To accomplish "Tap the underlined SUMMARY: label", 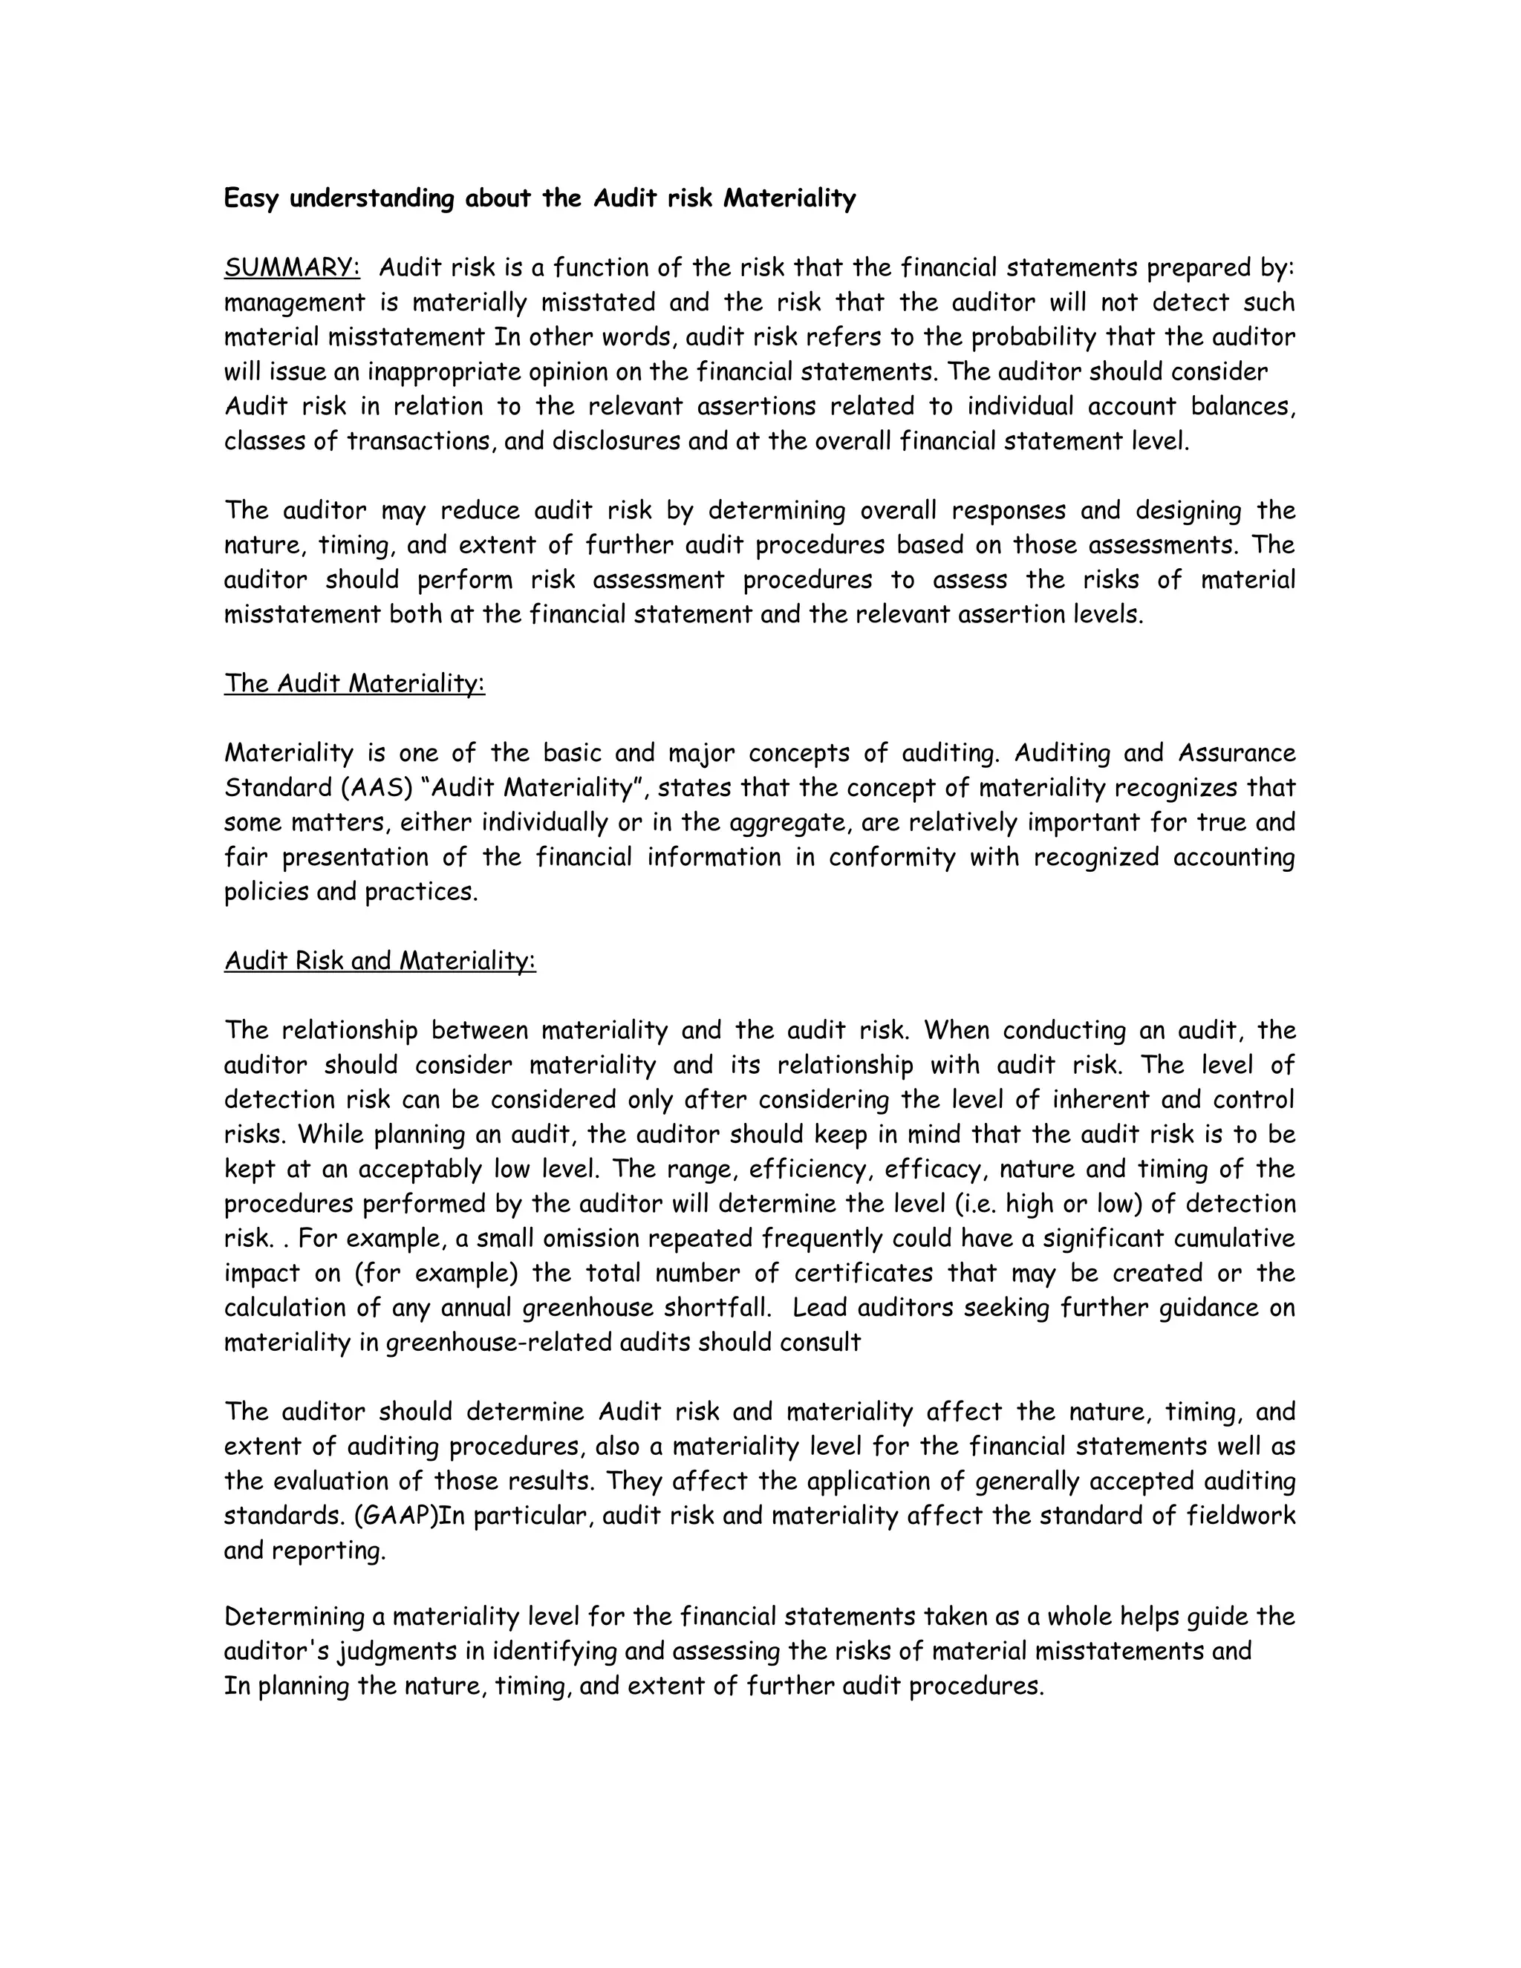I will coord(292,267).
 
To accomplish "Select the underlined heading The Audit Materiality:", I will coord(354,683).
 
